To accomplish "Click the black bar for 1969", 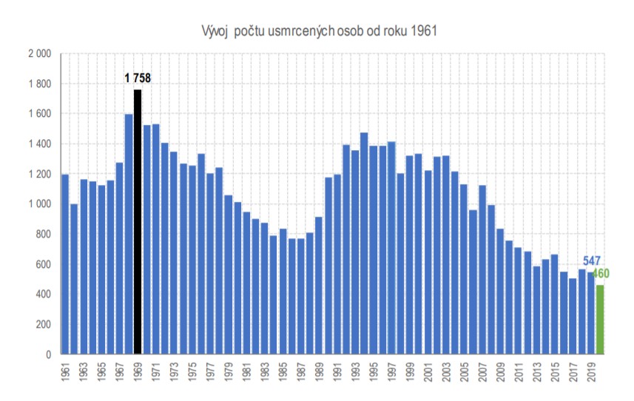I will click(138, 222).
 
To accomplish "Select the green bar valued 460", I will click(600, 320).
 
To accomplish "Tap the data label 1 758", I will click(138, 78).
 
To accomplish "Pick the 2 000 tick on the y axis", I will click(39, 54).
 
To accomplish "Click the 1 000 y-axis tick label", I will click(39, 204).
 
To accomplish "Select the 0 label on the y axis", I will click(47, 354).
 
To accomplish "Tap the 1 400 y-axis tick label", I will click(39, 144).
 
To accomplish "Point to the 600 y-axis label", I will click(42, 265).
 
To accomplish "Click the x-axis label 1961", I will click(66, 374).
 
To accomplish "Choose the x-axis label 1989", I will click(319, 374).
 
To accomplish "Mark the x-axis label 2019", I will click(590, 374).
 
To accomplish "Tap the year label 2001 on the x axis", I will click(428, 374).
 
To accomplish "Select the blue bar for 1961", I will click(65, 264).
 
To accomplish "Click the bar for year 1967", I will click(120, 258).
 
